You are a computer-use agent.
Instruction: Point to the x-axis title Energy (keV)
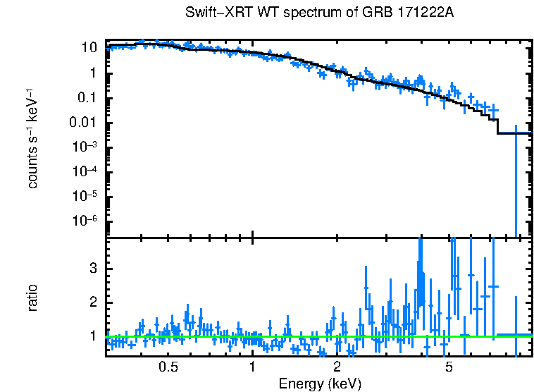320,384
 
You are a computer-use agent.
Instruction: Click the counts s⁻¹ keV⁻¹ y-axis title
32,138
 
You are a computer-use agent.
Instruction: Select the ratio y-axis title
32,298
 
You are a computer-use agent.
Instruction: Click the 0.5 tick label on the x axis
168,367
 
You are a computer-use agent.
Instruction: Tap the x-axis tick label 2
337,367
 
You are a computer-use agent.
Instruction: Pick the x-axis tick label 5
449,367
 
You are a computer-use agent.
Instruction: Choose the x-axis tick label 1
252,367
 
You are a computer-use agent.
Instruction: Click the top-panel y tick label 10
89,49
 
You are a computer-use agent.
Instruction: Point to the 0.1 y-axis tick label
87,98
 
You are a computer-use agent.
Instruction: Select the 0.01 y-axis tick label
84,123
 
